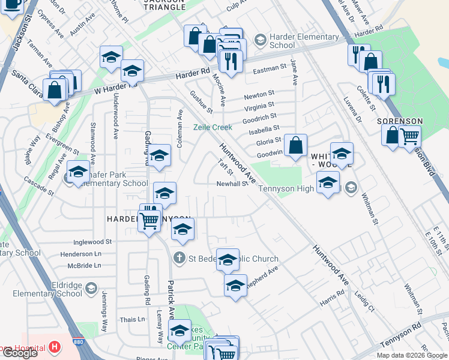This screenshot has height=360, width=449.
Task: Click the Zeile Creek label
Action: [x=212, y=127]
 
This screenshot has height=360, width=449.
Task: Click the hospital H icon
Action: [x=55, y=347]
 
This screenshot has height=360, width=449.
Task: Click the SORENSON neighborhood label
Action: [x=400, y=121]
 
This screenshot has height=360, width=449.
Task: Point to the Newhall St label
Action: [x=232, y=184]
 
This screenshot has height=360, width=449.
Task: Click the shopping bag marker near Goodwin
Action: [x=296, y=146]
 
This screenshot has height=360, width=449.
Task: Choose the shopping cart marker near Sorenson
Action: [x=409, y=136]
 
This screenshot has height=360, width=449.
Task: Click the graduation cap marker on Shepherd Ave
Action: [x=236, y=285]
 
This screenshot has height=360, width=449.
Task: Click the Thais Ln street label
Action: [x=132, y=319]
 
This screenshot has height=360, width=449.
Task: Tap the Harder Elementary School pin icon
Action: [x=260, y=41]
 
